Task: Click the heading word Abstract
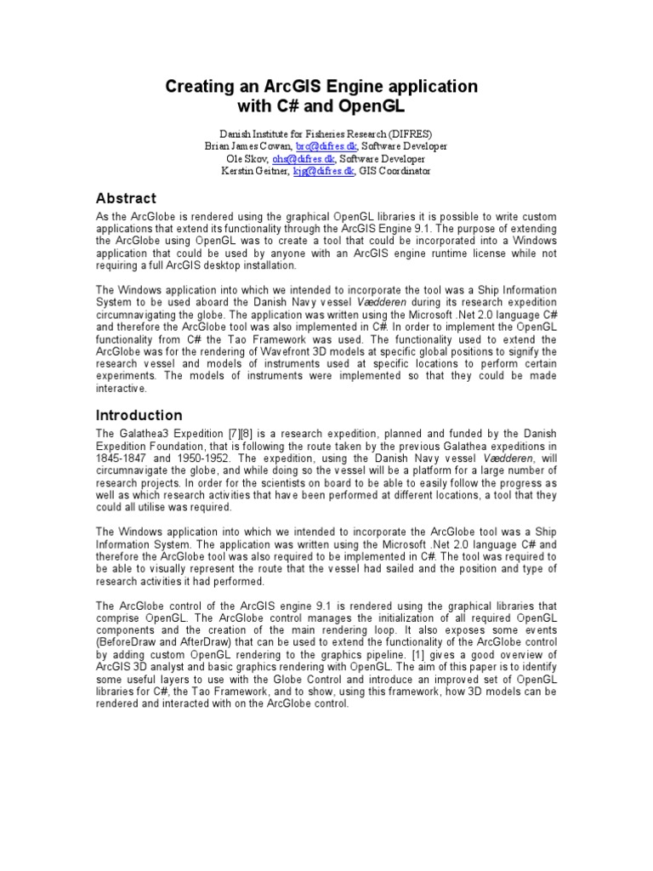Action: [125, 199]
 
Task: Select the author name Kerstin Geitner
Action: [254, 172]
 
